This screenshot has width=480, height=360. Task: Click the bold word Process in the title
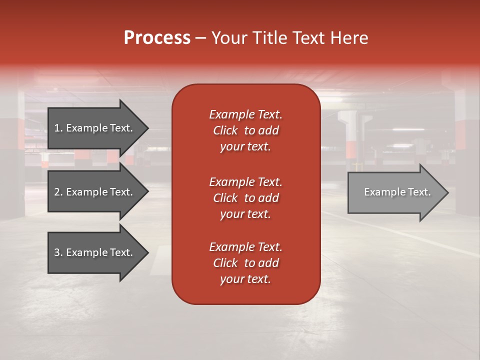point(157,38)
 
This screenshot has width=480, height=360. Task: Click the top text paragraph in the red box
point(245,130)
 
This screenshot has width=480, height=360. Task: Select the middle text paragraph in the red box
point(245,198)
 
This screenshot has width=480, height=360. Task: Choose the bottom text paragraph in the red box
point(245,263)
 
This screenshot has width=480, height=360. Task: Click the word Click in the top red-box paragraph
point(225,130)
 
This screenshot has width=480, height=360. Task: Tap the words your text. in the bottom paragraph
point(245,279)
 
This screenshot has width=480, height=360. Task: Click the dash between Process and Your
point(200,38)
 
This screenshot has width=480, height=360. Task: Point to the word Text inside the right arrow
point(419,192)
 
